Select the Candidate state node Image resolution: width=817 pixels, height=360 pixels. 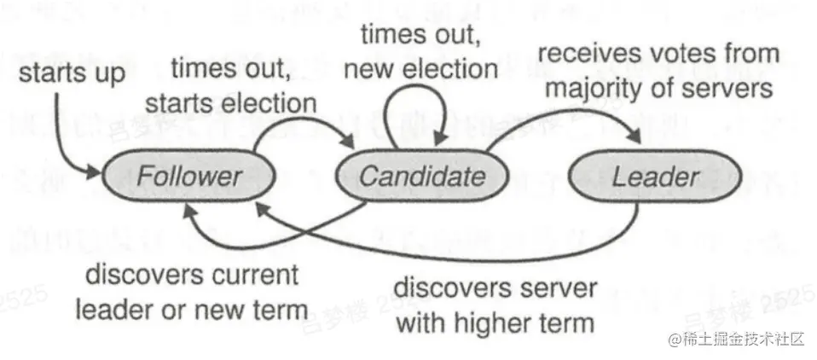[x=422, y=177]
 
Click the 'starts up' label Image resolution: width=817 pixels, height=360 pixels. [x=72, y=73]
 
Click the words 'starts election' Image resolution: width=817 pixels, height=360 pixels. [x=230, y=103]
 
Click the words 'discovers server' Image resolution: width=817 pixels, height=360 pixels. [x=495, y=288]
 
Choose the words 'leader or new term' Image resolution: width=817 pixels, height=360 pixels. [x=191, y=309]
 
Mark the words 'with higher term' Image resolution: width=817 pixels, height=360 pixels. [x=495, y=322]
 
